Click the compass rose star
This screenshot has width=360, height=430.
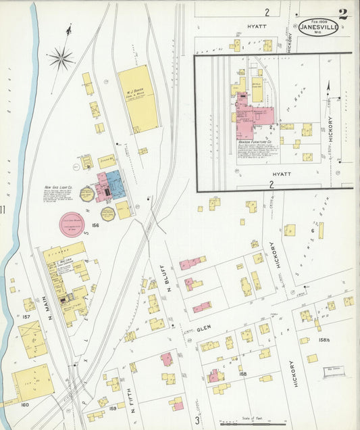61,59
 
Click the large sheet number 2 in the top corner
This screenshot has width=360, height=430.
343,13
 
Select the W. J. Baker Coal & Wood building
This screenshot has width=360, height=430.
138,98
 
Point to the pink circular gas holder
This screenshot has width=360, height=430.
70,224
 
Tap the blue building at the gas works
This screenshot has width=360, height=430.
114,184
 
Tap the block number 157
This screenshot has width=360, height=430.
26,316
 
